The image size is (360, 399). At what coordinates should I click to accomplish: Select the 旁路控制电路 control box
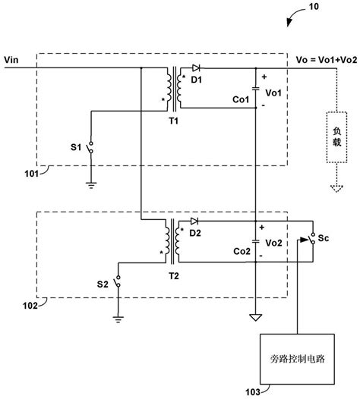point(291,357)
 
